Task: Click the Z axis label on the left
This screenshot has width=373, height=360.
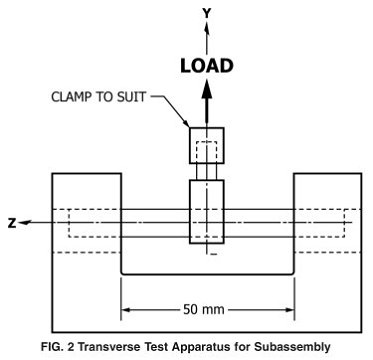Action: pos(12,222)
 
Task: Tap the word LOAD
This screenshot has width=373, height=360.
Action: pos(208,67)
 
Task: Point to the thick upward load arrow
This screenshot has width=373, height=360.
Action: pos(208,105)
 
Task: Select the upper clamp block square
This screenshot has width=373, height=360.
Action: pos(207,146)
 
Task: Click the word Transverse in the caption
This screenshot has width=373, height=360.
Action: pos(129,347)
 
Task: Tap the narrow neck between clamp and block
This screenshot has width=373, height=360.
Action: pos(207,172)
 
